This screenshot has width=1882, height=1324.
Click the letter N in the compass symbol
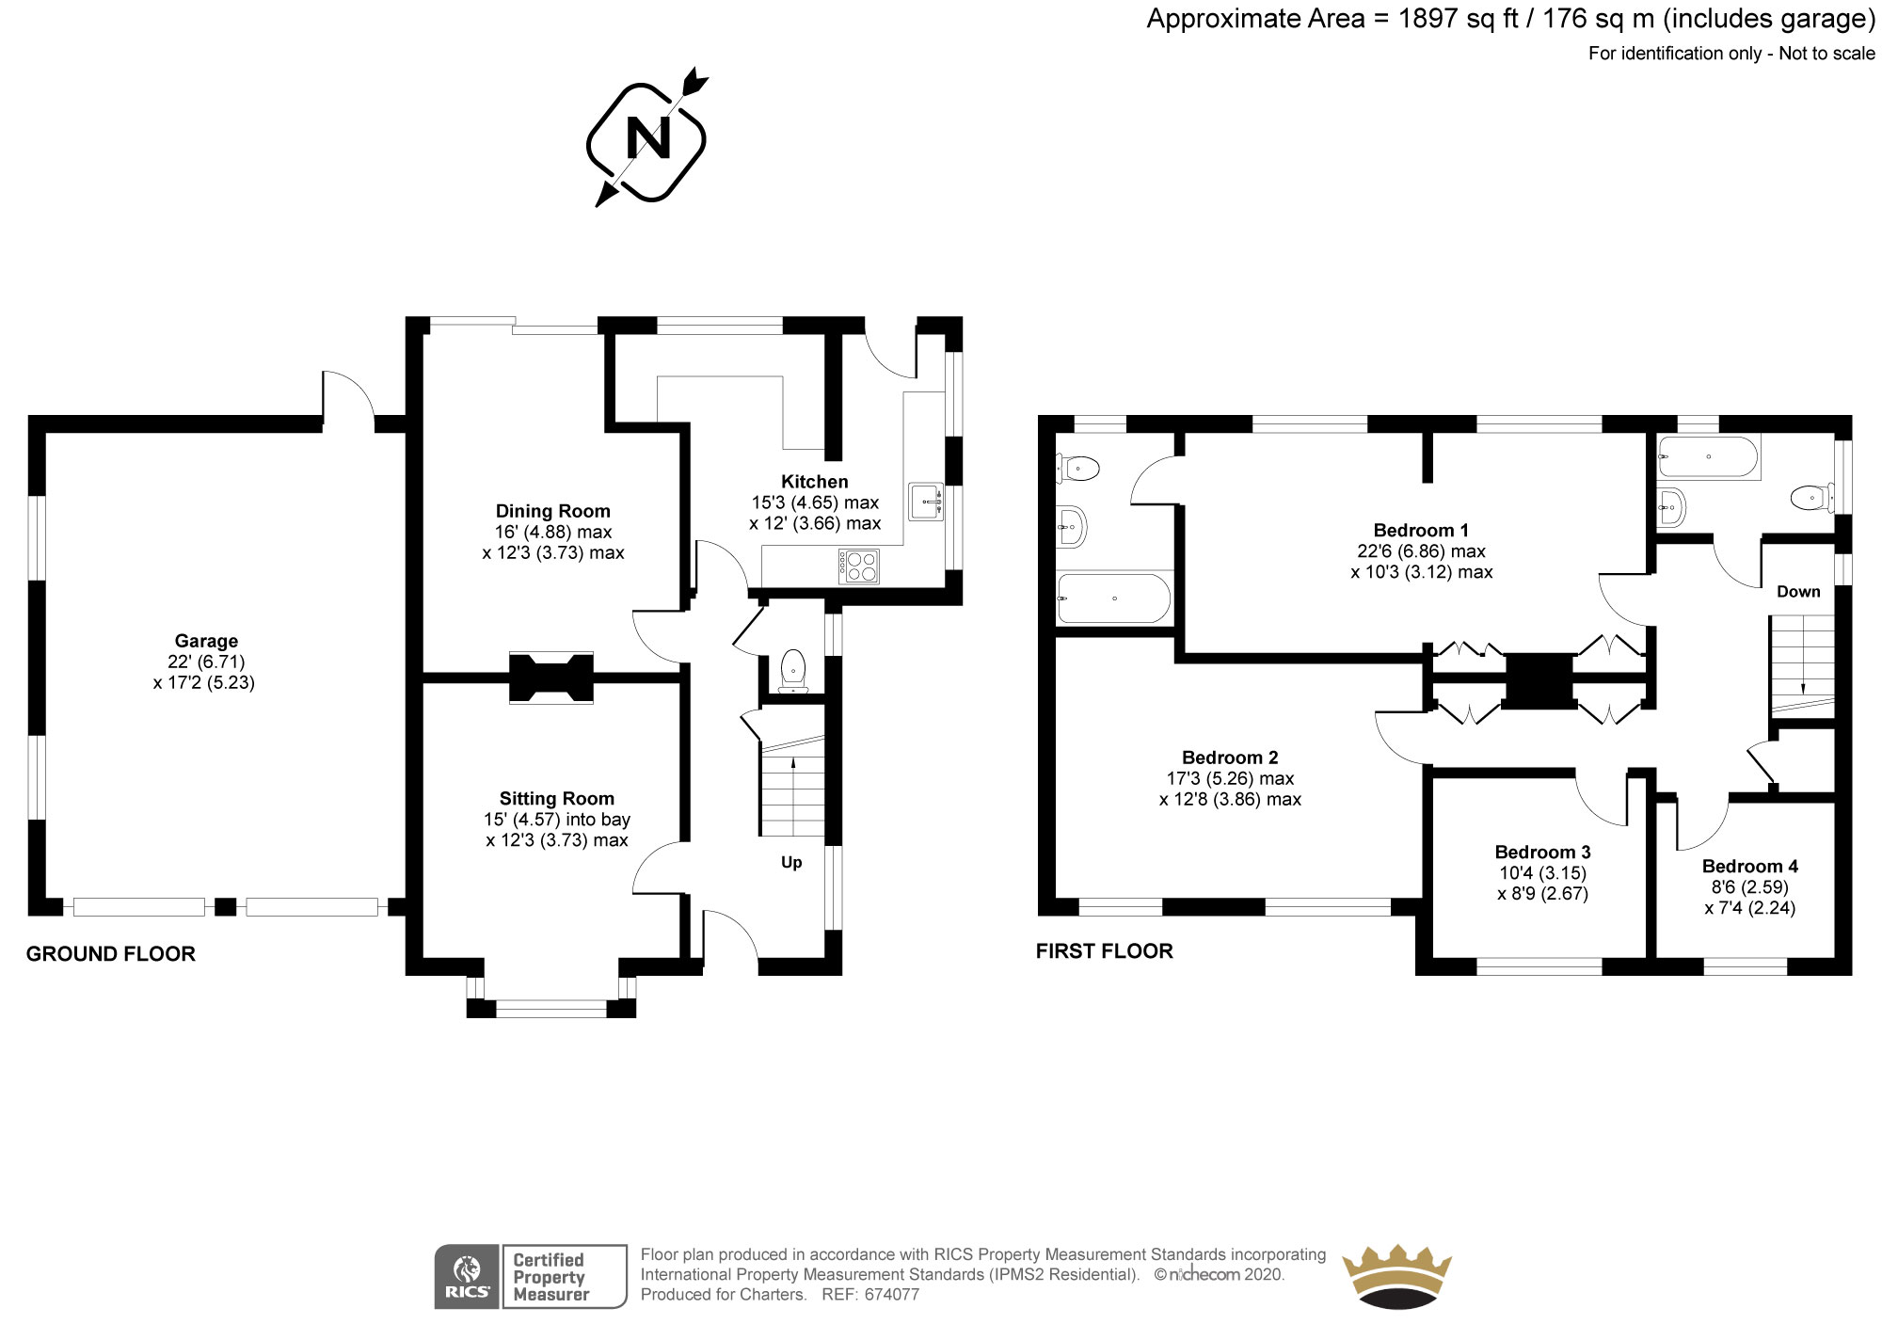coord(648,139)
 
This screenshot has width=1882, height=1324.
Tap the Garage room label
coord(206,642)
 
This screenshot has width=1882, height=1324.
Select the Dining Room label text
coord(552,511)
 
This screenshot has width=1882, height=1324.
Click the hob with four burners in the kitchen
coord(858,566)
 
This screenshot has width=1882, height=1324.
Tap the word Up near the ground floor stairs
coord(791,863)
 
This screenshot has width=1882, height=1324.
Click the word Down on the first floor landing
coord(1798,592)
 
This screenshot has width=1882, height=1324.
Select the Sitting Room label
coord(556,799)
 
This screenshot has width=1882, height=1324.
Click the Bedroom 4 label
coord(1749,867)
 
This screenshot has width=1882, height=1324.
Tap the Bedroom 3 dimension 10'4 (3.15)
coord(1542,873)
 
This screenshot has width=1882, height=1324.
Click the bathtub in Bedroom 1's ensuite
coord(1113,599)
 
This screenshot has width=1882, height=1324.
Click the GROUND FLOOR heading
coord(111,954)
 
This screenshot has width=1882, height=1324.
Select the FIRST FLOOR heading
coord(1104,951)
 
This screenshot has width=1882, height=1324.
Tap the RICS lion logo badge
coord(467,1276)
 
